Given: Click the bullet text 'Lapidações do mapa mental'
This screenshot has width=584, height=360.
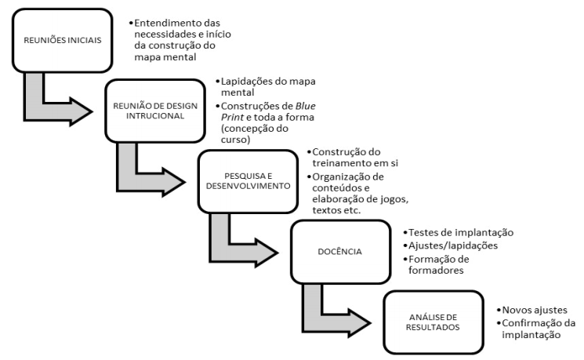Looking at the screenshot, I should pyautogui.click(x=256, y=86).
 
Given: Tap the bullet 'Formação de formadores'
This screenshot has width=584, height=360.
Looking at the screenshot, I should pyautogui.click(x=447, y=264).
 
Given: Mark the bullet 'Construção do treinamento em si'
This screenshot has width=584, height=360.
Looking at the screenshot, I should pyautogui.click(x=356, y=158).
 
